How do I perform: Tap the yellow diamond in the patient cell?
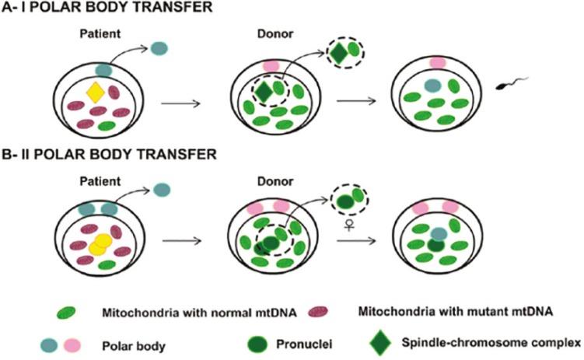[94, 93]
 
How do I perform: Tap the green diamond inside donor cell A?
[263, 92]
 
